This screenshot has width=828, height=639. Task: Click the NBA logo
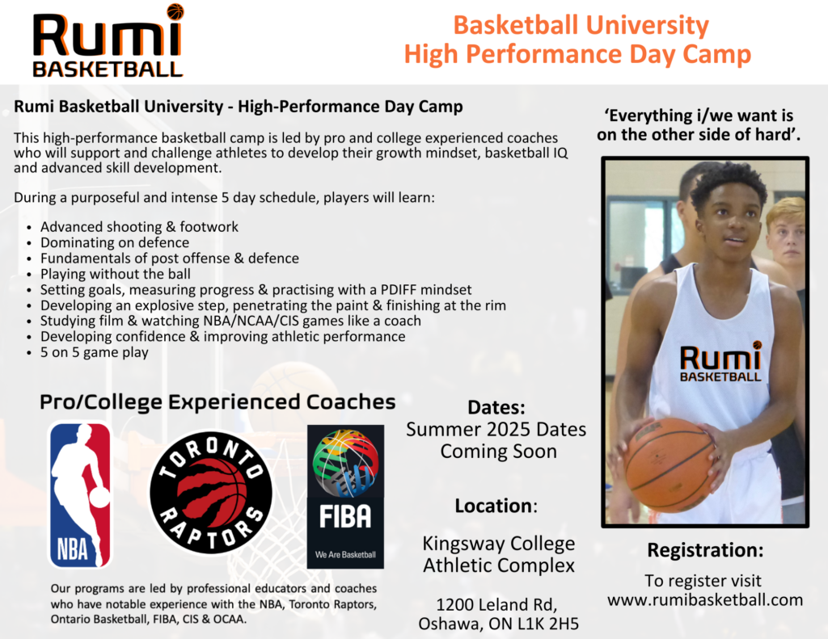tap(80, 494)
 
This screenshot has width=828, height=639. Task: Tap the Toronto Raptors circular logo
tap(211, 492)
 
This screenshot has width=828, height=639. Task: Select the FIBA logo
tap(345, 496)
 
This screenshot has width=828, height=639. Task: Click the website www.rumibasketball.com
tap(704, 599)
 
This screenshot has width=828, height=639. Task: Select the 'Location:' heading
tap(496, 506)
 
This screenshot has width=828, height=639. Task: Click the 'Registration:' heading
tap(705, 551)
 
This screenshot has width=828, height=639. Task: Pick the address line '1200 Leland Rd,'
tap(497, 604)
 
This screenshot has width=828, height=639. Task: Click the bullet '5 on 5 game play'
tap(95, 352)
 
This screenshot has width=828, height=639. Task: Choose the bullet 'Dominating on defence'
tap(115, 242)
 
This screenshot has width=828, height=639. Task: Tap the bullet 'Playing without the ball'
tap(116, 274)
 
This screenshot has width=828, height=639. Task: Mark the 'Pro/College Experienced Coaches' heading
tap(218, 401)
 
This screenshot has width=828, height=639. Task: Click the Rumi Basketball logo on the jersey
tap(720, 362)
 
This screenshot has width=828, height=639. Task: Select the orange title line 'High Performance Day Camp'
tap(577, 54)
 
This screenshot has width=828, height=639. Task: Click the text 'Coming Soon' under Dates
tap(498, 451)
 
